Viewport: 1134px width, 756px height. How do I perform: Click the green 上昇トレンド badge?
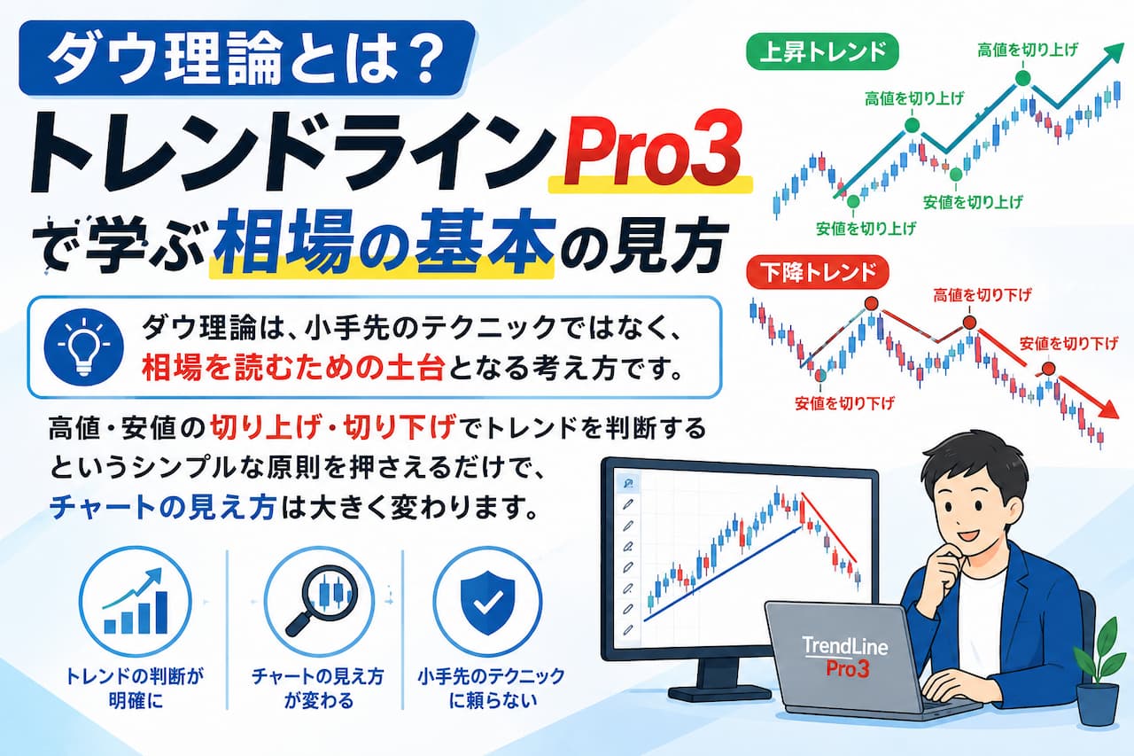[822, 51]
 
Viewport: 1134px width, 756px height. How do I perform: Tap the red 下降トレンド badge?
[818, 272]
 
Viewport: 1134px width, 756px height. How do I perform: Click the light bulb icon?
[84, 347]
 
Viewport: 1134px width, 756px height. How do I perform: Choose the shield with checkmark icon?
[487, 602]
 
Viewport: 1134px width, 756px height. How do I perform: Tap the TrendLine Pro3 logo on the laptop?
[845, 657]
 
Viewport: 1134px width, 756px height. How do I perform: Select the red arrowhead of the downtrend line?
[1107, 409]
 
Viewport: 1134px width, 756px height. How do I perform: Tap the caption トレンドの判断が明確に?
[135, 688]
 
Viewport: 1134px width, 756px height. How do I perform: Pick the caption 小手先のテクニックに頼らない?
[491, 688]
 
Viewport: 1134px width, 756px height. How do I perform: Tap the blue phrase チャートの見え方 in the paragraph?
[163, 507]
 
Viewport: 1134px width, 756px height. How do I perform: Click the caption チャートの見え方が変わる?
[318, 688]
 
